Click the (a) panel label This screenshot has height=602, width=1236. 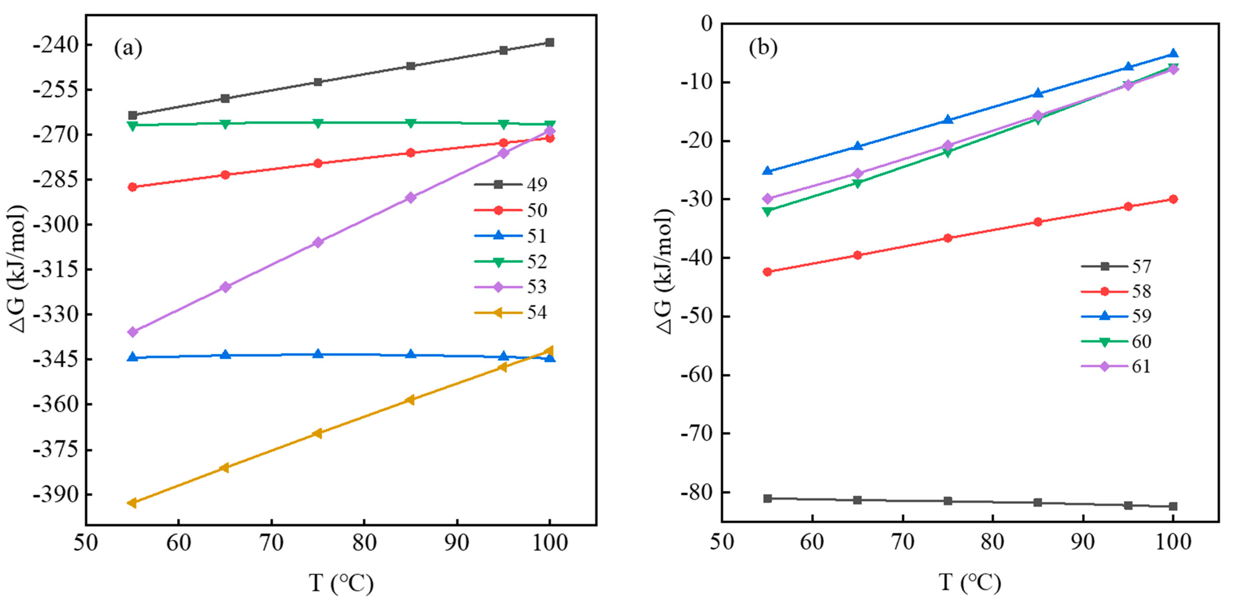tap(128, 48)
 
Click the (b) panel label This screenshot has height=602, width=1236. tap(763, 47)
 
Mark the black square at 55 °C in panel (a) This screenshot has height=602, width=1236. tap(133, 115)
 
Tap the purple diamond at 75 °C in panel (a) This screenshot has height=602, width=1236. tap(318, 242)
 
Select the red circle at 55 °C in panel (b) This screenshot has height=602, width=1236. tap(767, 272)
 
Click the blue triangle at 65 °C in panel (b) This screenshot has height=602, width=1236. tap(857, 146)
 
